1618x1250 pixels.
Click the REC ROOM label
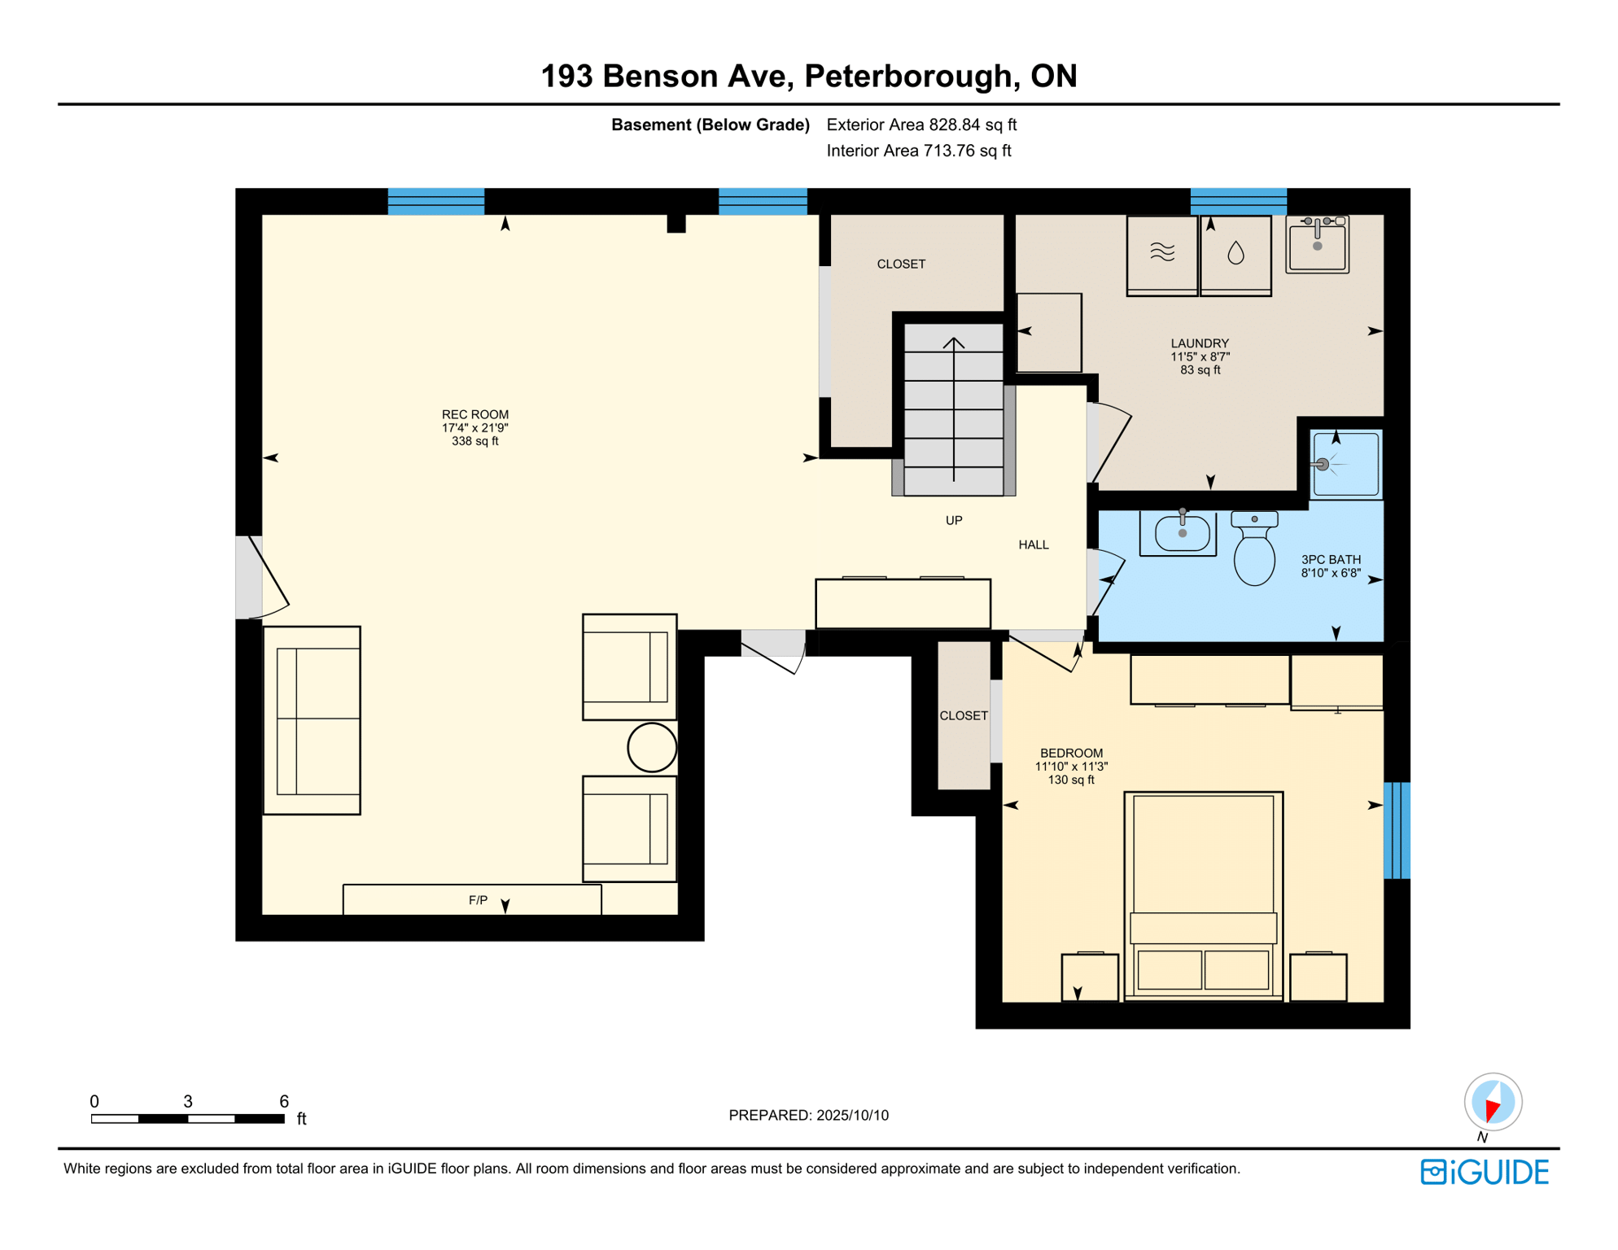pos(474,414)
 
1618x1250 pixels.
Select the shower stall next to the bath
pos(1345,464)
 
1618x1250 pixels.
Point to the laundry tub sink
pos(1316,244)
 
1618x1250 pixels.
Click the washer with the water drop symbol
pos(1235,254)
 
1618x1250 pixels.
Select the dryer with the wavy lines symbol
pos(1161,254)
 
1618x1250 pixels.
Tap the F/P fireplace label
pos(478,900)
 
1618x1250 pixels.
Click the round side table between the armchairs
pos(652,747)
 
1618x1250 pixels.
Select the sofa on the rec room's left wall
pos(312,720)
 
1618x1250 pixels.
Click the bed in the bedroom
pos(1202,895)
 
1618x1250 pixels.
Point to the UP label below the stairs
pos(953,520)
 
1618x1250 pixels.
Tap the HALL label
pos(1033,544)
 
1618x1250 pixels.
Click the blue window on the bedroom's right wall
pos(1396,830)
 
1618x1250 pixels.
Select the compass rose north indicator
pos(1492,1103)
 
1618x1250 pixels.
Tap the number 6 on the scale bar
pos(283,1101)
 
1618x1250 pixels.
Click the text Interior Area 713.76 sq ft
pos(918,151)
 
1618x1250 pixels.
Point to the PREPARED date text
pos(808,1115)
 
